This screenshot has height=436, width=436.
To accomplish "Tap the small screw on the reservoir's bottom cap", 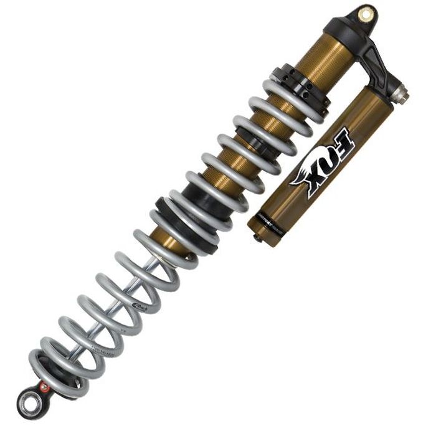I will pos(254,238).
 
